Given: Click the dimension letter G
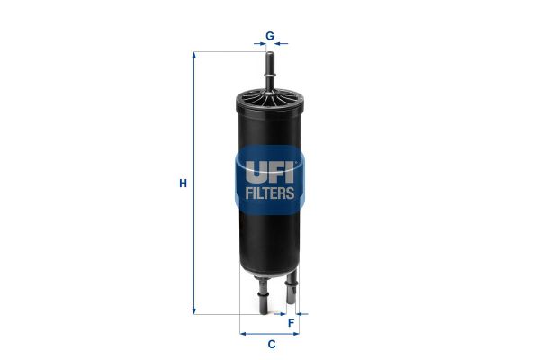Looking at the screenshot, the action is point(270,35).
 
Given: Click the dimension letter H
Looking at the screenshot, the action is point(184,184).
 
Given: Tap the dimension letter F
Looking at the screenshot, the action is point(292,323).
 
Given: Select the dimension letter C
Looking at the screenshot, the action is point(272,344).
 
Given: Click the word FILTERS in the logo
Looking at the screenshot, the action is point(270,193).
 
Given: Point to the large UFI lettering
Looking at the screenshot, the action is point(270,172).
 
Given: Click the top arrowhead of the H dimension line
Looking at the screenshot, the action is point(194,55).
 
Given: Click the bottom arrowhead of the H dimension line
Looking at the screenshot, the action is point(194,310).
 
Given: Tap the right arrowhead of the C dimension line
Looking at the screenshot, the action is point(295,334).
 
